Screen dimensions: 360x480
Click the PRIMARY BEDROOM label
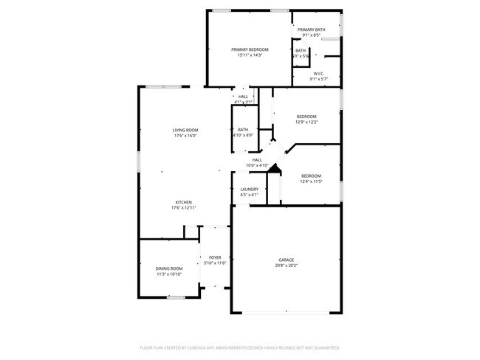click(x=250, y=49)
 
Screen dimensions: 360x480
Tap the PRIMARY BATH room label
click(x=311, y=30)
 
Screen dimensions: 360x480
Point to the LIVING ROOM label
click(x=185, y=130)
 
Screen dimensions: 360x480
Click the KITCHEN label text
click(x=184, y=202)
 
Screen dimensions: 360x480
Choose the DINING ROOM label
click(x=169, y=269)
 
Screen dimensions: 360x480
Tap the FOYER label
click(x=215, y=257)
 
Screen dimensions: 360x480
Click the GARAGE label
click(x=287, y=260)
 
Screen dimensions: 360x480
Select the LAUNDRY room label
click(x=250, y=190)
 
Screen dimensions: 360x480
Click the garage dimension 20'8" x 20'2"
click(x=287, y=266)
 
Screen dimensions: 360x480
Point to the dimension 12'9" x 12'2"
click(x=306, y=122)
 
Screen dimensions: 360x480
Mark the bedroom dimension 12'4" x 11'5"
click(x=310, y=181)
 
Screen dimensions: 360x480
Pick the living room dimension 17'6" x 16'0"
click(x=185, y=136)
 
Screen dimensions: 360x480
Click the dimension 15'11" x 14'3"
click(x=250, y=55)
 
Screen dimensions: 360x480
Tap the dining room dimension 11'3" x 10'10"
click(x=169, y=274)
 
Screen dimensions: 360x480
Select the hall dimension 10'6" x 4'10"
click(x=257, y=165)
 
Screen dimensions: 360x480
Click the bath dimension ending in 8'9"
click(x=243, y=136)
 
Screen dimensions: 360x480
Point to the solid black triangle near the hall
click(x=274, y=170)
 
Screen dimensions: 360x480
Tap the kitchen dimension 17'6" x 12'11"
click(x=184, y=208)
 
